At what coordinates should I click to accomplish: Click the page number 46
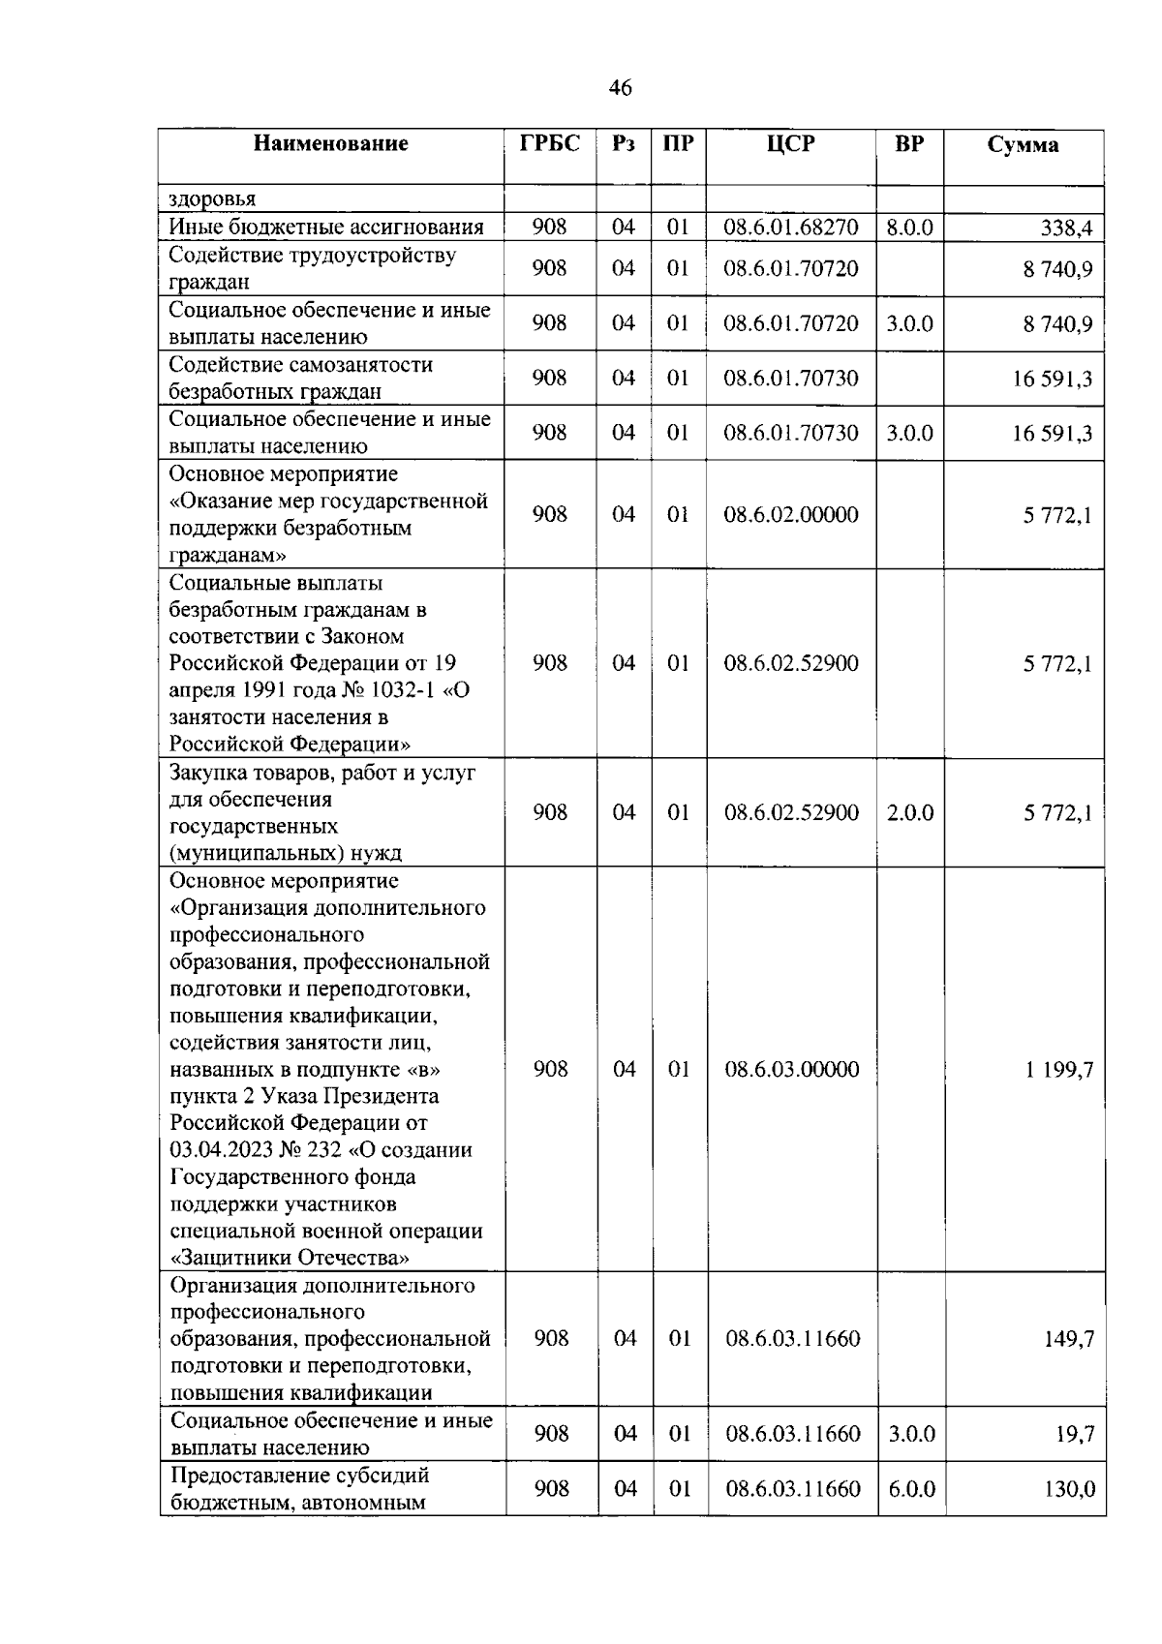click(x=620, y=88)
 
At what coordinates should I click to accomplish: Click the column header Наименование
click(x=330, y=144)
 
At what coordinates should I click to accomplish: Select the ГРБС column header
click(x=549, y=144)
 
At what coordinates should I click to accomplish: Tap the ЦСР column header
click(x=790, y=144)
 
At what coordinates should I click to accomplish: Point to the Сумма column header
click(x=1023, y=145)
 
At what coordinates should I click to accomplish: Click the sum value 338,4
click(x=1065, y=228)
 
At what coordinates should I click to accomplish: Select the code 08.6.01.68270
click(x=790, y=228)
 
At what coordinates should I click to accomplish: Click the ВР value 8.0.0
click(x=909, y=228)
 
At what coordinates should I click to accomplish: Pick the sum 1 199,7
click(x=1059, y=1070)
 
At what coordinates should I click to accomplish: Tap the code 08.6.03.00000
click(x=791, y=1070)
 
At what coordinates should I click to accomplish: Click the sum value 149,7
click(x=1069, y=1339)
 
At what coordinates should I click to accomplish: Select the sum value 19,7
click(x=1075, y=1434)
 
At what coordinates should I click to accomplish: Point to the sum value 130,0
click(x=1069, y=1489)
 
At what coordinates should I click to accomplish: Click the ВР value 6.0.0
click(x=911, y=1489)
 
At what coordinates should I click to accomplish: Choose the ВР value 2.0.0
click(x=909, y=813)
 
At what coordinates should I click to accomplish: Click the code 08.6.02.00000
click(x=790, y=515)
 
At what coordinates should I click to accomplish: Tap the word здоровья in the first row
click(x=212, y=199)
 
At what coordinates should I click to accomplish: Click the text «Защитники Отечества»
click(x=290, y=1259)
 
